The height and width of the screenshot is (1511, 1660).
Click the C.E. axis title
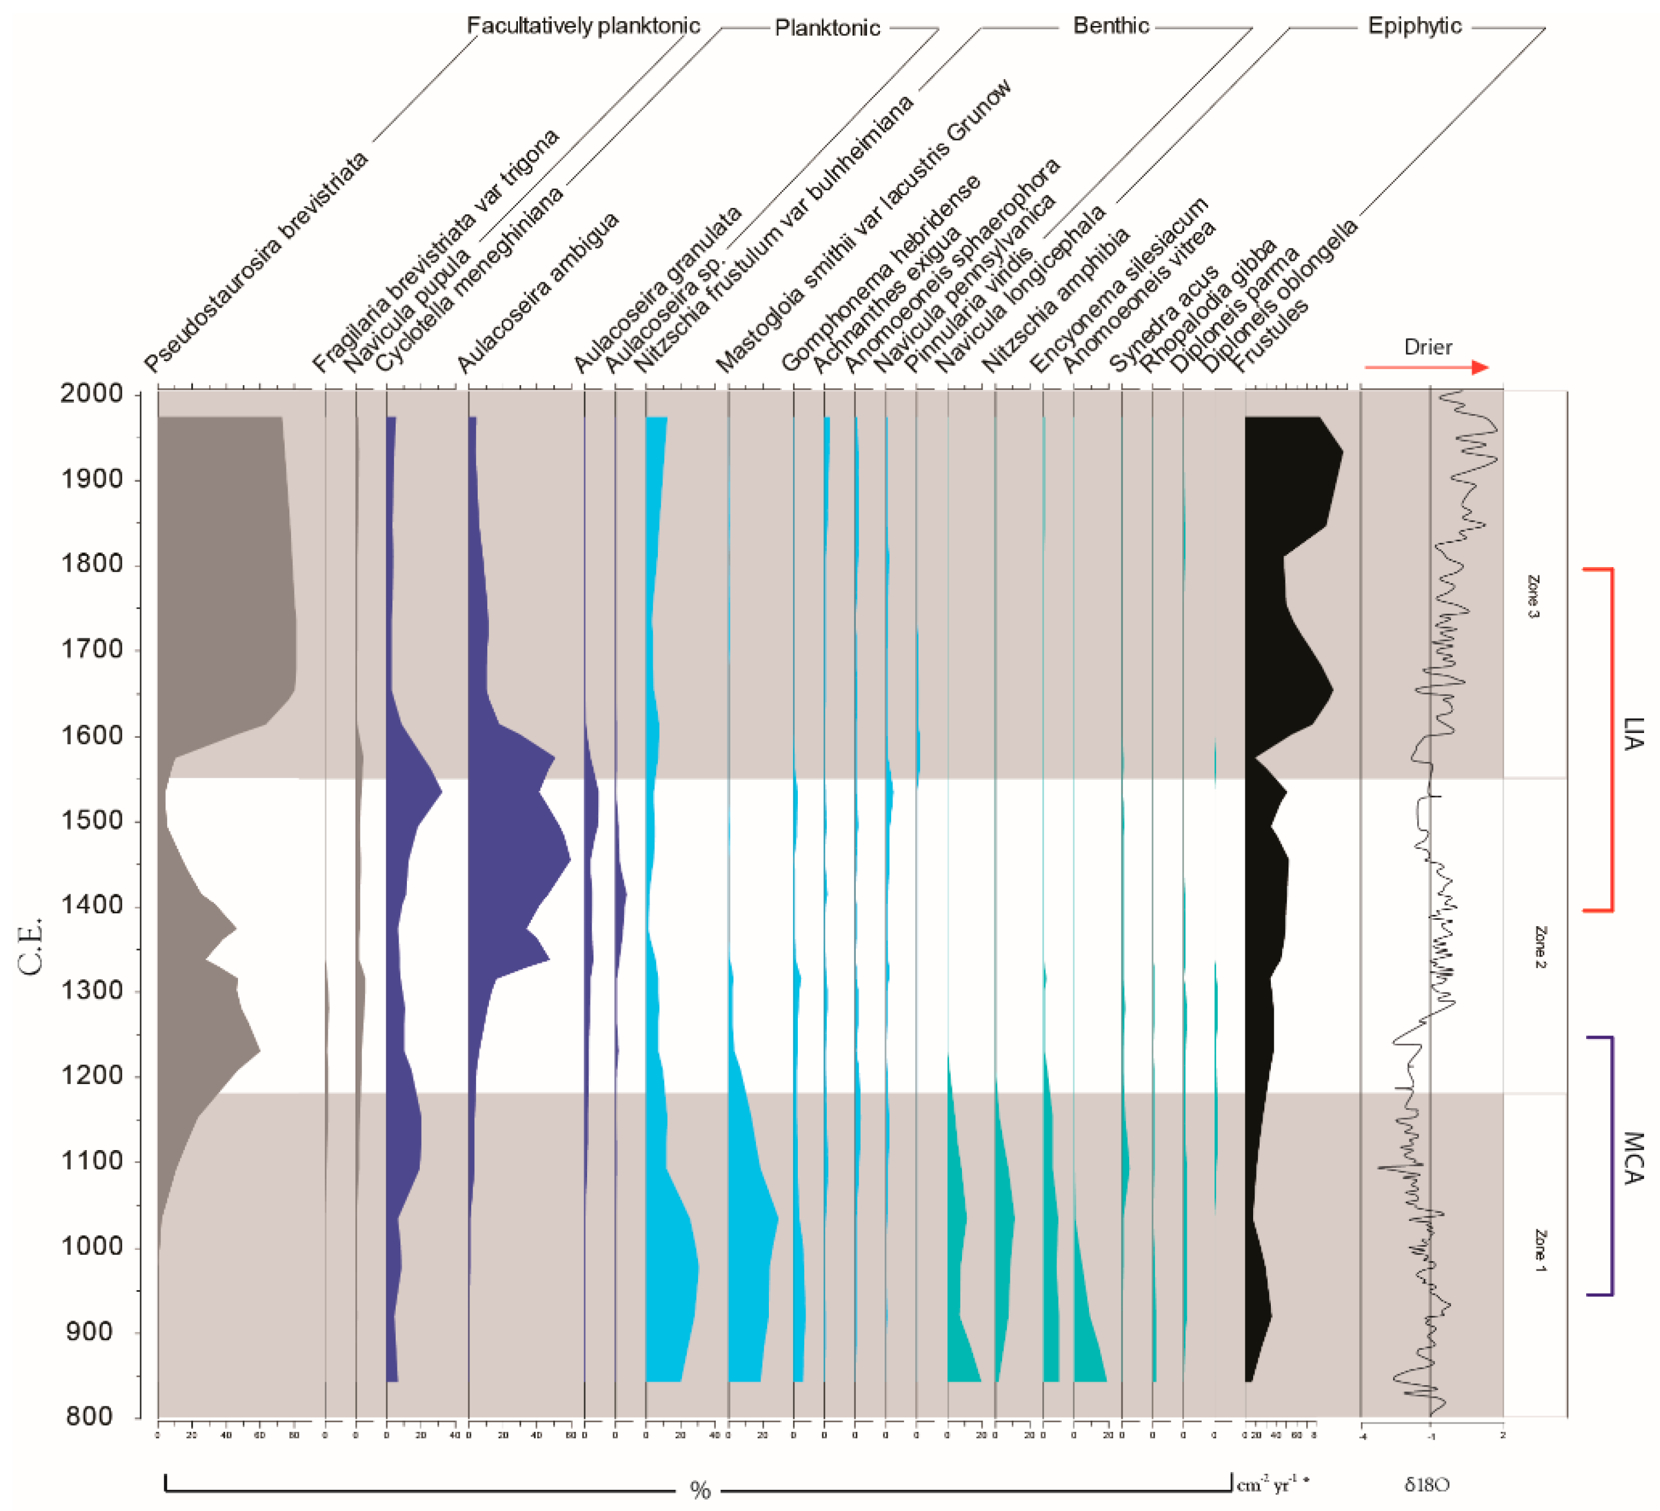tap(31, 947)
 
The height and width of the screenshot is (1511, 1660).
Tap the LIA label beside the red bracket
tap(1632, 733)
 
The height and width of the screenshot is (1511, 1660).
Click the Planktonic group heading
tap(827, 28)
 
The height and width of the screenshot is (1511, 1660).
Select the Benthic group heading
tap(1110, 25)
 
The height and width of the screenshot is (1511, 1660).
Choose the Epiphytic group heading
tap(1414, 25)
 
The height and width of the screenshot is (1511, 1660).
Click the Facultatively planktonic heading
tap(583, 25)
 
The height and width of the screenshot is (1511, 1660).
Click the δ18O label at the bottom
tap(1427, 1484)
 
